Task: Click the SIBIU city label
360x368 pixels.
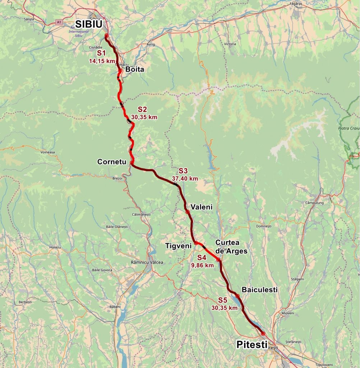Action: point(89,24)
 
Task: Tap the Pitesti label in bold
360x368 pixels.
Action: point(251,345)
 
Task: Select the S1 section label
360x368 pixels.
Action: point(101,53)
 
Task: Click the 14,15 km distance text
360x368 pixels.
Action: point(102,61)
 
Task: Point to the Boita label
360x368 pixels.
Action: point(135,69)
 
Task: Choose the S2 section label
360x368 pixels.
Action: point(143,110)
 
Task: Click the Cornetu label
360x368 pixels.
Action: point(112,162)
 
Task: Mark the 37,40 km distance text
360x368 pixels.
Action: point(185,178)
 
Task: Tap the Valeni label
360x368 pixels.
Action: point(202,207)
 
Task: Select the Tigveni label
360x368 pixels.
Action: point(178,246)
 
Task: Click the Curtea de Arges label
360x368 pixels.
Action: point(231,247)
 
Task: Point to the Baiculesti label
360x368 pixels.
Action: point(260,289)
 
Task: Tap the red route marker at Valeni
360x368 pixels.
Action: point(188,212)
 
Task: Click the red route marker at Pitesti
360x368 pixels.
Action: point(263,333)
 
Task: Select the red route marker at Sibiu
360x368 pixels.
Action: point(106,36)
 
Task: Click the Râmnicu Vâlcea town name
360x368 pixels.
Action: point(147,262)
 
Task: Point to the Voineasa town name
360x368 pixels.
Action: point(48,152)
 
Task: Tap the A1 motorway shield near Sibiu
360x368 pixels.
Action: point(59,22)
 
